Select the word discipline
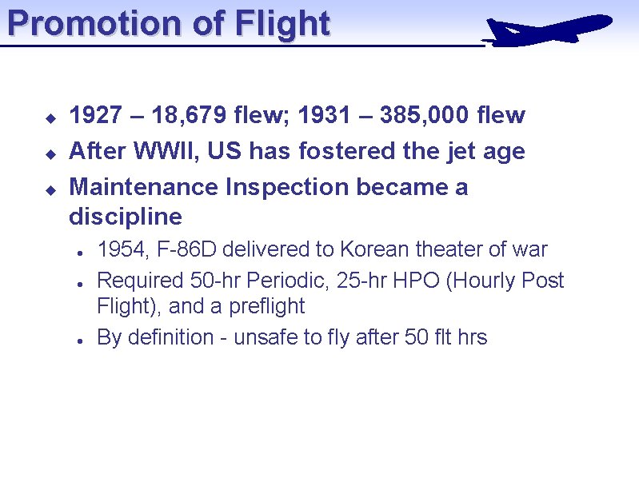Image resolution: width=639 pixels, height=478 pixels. [126, 217]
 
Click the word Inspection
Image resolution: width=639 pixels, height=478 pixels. [287, 187]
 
